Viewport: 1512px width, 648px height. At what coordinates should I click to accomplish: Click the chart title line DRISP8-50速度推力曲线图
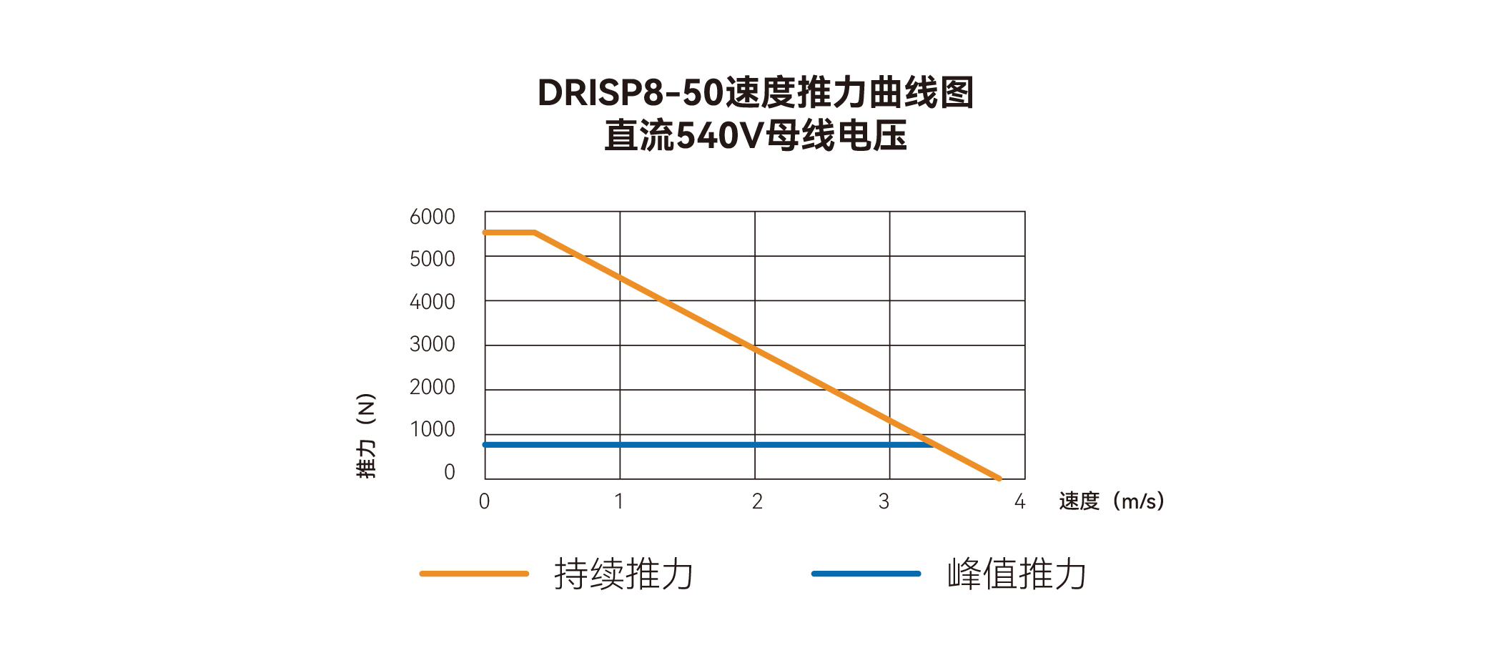point(756,93)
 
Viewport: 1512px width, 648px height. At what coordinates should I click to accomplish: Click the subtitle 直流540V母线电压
point(756,136)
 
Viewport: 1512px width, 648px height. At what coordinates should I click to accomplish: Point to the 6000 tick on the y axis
point(432,217)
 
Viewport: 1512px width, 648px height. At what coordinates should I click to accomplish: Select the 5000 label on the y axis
point(432,259)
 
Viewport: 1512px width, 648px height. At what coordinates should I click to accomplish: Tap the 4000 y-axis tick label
point(432,302)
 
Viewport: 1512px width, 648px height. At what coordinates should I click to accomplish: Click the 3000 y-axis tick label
point(432,344)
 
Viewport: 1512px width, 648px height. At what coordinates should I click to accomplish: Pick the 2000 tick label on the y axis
point(432,387)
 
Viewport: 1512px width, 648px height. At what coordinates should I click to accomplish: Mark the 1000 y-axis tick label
point(433,429)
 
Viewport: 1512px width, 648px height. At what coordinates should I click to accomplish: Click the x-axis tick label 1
point(619,501)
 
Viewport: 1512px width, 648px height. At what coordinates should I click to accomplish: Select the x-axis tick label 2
point(757,501)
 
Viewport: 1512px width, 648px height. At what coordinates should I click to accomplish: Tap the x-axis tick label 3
point(884,501)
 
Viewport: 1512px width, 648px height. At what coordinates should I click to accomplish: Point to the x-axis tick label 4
point(1020,501)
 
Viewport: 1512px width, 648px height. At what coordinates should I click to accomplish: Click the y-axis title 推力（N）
point(366,436)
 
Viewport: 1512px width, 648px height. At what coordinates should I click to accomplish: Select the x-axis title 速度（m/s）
point(1112,501)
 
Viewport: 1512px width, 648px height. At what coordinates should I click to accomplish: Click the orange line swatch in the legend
point(474,574)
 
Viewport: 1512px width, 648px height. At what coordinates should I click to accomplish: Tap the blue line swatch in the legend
point(866,574)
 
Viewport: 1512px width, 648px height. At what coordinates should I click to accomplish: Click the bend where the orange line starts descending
point(535,232)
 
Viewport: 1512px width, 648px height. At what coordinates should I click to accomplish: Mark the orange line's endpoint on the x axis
point(999,478)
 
